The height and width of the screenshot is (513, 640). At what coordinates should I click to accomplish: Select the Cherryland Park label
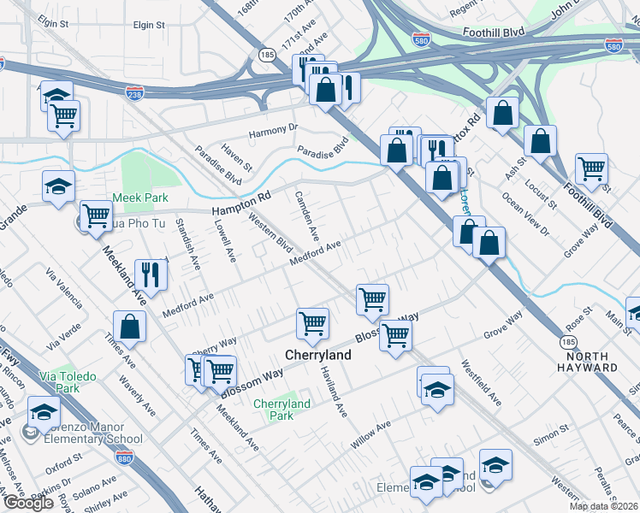coord(281,410)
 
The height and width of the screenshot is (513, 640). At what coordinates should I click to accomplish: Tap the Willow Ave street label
coord(370,436)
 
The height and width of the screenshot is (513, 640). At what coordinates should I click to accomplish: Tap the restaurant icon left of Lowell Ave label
coord(151,274)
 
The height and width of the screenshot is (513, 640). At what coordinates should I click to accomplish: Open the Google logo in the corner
coord(28,503)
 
